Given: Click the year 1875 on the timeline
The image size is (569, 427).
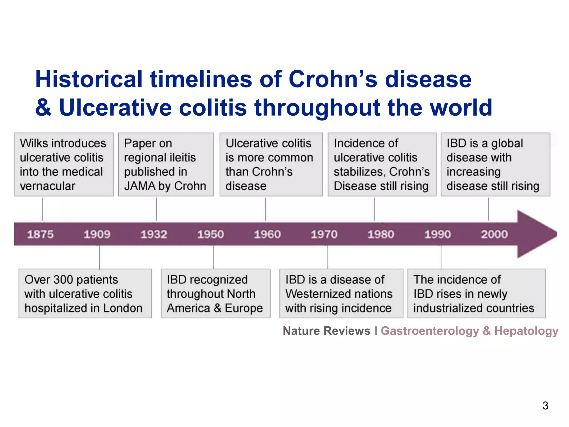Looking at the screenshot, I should pos(40,234).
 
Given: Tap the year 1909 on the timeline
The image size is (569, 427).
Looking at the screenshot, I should pos(97,234).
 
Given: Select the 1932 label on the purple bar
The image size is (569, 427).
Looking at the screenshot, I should pos(154,234).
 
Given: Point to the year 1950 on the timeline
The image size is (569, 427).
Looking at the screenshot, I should pos(211,234).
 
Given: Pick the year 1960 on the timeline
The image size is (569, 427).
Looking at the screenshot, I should pos(267,234).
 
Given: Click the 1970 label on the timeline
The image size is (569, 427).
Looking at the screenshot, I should pos(324,234).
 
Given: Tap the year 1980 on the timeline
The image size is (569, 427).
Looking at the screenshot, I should pos(381,234).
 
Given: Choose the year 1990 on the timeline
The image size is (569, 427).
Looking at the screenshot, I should pos(438,234).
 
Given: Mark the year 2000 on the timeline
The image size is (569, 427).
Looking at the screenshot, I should pos(494,234).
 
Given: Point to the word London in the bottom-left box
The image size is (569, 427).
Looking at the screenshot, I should pos(123,308).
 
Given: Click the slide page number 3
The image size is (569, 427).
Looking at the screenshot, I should pos(545,406).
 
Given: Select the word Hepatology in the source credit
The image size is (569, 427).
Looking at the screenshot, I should pos(526,331).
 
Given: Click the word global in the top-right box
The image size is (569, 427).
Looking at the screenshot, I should pos(507,143).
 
